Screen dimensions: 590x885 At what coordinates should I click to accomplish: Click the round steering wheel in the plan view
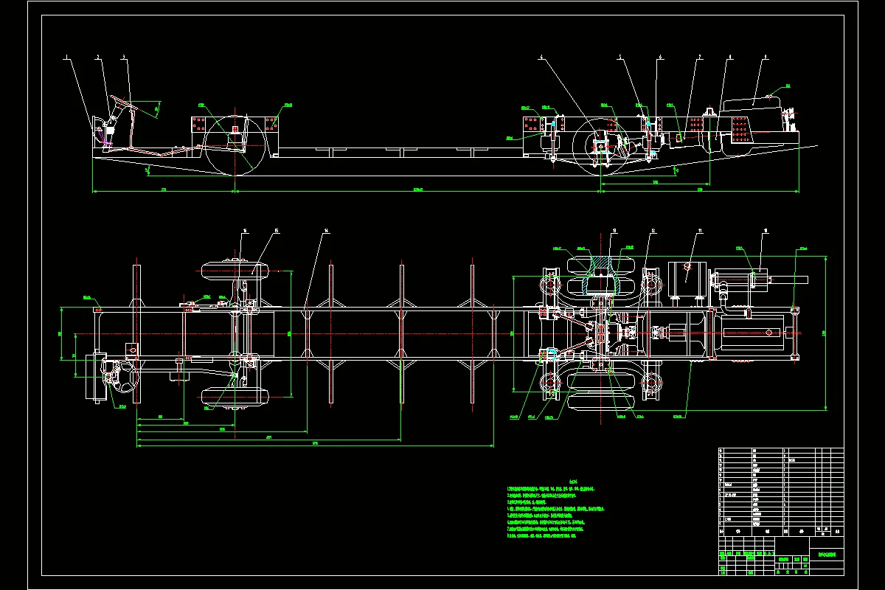coord(123,383)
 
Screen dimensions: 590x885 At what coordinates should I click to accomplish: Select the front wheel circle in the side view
coord(235,145)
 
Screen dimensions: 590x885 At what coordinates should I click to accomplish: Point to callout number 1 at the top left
coord(66,57)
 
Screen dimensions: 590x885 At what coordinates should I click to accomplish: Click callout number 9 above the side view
coord(766,57)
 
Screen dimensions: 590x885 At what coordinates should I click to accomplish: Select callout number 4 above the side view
coord(541,57)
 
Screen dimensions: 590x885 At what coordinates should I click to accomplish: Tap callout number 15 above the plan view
coord(276,231)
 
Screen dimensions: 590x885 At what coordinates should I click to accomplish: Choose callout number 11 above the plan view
coord(699,231)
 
